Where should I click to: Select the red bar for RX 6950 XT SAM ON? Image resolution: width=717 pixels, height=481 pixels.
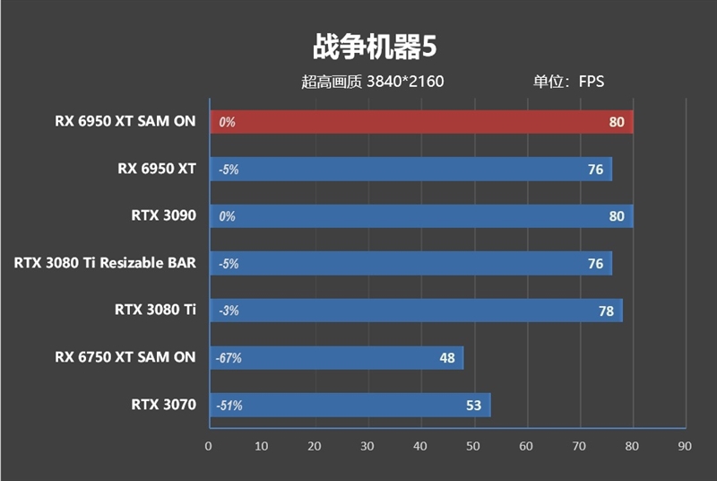click(421, 122)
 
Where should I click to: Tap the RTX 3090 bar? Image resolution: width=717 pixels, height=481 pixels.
click(421, 216)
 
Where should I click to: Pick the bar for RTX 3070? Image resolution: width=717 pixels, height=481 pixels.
click(350, 406)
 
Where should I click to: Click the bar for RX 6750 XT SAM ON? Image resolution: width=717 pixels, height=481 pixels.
click(336, 358)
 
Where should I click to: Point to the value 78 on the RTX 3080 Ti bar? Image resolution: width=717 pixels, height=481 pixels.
click(606, 310)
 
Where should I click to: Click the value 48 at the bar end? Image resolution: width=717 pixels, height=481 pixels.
click(447, 358)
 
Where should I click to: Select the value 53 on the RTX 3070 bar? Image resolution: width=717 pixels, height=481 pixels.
click(473, 406)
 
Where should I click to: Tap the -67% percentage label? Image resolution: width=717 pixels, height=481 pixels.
click(229, 358)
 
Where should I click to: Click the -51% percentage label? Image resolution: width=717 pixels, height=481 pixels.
click(229, 406)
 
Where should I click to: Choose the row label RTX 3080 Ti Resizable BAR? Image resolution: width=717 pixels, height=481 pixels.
click(105, 263)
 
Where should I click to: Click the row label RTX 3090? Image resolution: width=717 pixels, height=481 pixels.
click(163, 216)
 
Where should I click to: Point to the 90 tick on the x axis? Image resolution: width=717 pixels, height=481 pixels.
click(686, 446)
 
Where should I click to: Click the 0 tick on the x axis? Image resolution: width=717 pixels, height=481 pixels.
click(209, 446)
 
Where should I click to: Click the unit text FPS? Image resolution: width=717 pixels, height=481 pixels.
click(592, 82)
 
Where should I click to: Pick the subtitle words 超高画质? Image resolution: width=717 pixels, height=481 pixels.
click(332, 82)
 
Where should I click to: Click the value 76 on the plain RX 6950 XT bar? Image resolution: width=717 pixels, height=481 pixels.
click(595, 169)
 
